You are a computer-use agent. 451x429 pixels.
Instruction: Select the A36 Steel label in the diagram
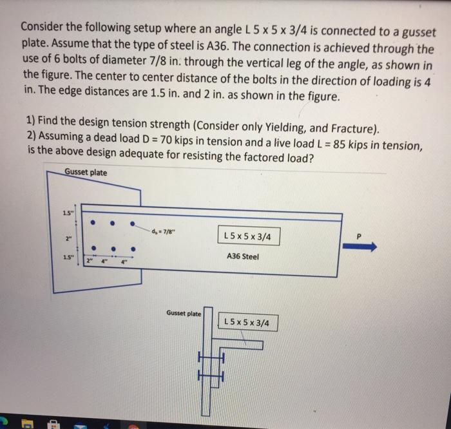click(x=244, y=256)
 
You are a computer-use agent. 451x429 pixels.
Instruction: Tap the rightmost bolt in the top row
click(x=133, y=225)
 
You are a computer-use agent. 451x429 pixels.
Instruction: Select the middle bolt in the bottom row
click(x=113, y=247)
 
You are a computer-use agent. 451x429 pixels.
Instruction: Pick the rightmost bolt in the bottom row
click(x=133, y=247)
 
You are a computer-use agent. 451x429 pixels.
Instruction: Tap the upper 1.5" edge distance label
click(x=68, y=214)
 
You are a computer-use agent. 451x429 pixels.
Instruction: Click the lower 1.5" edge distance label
click(x=68, y=258)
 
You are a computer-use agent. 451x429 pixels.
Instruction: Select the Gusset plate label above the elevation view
click(x=86, y=173)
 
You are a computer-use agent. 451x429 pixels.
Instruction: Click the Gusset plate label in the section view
click(x=184, y=314)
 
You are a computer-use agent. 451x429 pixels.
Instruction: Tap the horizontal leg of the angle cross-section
click(x=242, y=345)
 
